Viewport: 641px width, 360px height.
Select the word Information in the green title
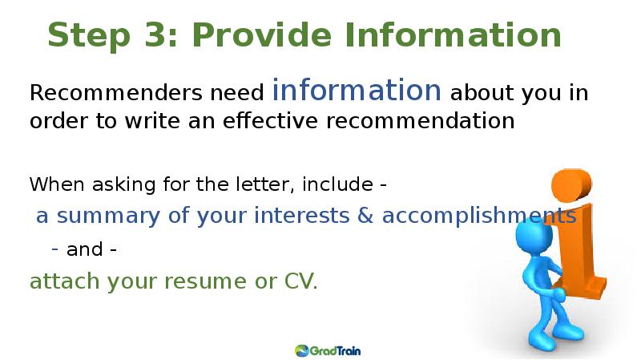453,34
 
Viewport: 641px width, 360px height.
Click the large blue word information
357,90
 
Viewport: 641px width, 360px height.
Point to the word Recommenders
115,92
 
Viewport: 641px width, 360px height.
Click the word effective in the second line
270,120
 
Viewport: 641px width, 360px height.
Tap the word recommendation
420,121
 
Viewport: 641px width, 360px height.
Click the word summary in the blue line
108,216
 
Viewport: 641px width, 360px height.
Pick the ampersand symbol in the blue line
365,215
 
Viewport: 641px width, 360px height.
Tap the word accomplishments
479,215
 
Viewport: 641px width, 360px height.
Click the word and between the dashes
85,249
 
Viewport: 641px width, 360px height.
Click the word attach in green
64,281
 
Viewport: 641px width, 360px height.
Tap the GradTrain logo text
335,350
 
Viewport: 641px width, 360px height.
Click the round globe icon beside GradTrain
302,350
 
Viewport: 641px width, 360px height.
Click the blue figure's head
534,236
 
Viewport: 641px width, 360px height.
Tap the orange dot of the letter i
571,184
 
